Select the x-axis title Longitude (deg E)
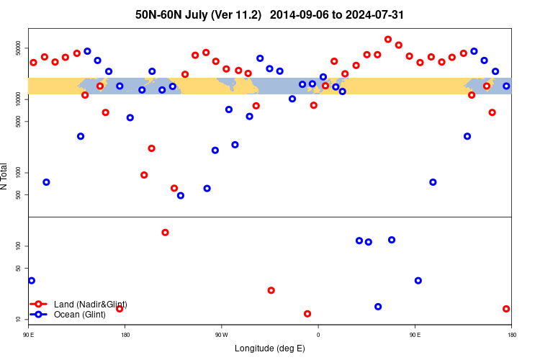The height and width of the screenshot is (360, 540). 270,348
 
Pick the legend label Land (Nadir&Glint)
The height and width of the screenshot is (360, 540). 91,305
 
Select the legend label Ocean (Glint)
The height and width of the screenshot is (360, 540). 80,315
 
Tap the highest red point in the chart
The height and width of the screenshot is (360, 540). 388,40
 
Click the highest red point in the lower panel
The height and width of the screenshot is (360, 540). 165,233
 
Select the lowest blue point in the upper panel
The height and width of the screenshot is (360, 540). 180,195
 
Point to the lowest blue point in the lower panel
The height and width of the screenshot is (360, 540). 378,307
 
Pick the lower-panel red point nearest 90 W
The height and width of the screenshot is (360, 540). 271,290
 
